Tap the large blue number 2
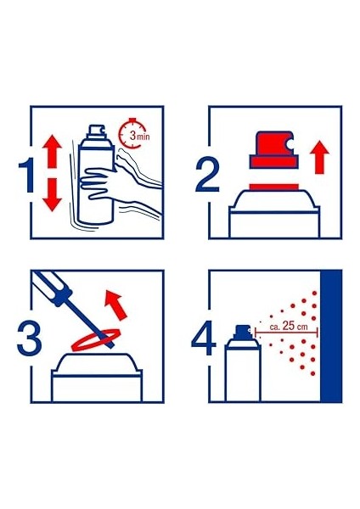pyautogui.click(x=206, y=176)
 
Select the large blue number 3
pyautogui.click(x=29, y=339)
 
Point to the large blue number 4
pyautogui.click(x=204, y=339)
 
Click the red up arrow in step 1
pyautogui.click(x=52, y=152)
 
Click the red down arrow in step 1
pyautogui.click(x=52, y=195)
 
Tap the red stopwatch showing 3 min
pyautogui.click(x=134, y=134)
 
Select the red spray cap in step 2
pyautogui.click(x=274, y=149)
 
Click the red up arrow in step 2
pyautogui.click(x=319, y=158)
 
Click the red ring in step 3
pyautogui.click(x=96, y=340)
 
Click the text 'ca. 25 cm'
pyautogui.click(x=289, y=326)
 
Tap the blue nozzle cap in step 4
pyautogui.click(x=242, y=332)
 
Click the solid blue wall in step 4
pyautogui.click(x=331, y=336)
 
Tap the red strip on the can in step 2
pyautogui.click(x=274, y=187)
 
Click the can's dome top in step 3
pyautogui.click(x=97, y=364)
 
